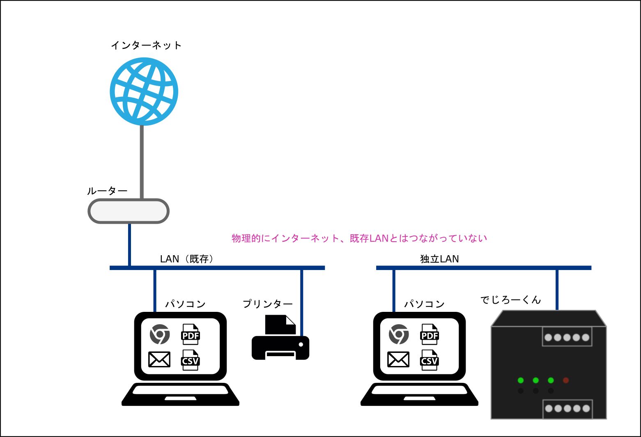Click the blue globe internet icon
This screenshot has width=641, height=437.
(144, 92)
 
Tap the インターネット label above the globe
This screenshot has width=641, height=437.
(146, 45)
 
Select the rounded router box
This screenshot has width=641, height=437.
(129, 211)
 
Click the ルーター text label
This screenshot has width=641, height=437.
(107, 191)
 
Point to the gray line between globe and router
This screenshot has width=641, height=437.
(142, 162)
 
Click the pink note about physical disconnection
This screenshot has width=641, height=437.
(359, 238)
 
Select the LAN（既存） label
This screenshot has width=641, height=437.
(187, 259)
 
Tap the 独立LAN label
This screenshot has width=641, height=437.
(439, 259)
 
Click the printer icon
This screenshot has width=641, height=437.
(280, 337)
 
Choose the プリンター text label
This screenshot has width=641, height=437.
(268, 304)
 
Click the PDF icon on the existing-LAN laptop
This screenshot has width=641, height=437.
(190, 334)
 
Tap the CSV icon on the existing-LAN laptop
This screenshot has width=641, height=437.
(190, 360)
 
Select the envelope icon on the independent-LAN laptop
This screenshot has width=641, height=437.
(398, 359)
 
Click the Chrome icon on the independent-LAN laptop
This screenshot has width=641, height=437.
(399, 334)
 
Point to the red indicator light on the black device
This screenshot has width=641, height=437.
(566, 380)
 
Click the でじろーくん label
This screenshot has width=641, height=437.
(510, 300)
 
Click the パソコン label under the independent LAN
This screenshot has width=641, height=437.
(424, 304)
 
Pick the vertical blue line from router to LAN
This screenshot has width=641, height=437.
(130, 245)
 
